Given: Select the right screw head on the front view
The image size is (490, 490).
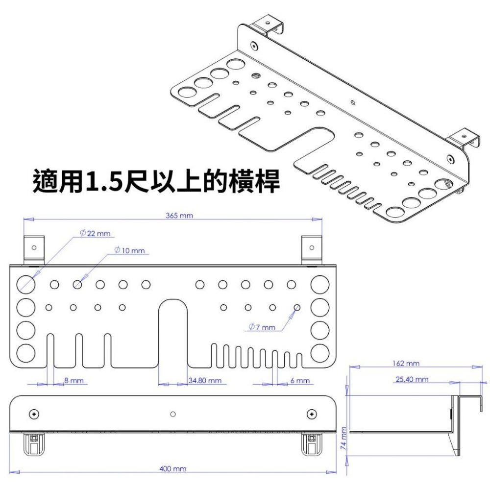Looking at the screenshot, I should pyautogui.click(x=311, y=414).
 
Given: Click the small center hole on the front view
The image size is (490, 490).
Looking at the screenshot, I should pyautogui.click(x=172, y=414).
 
